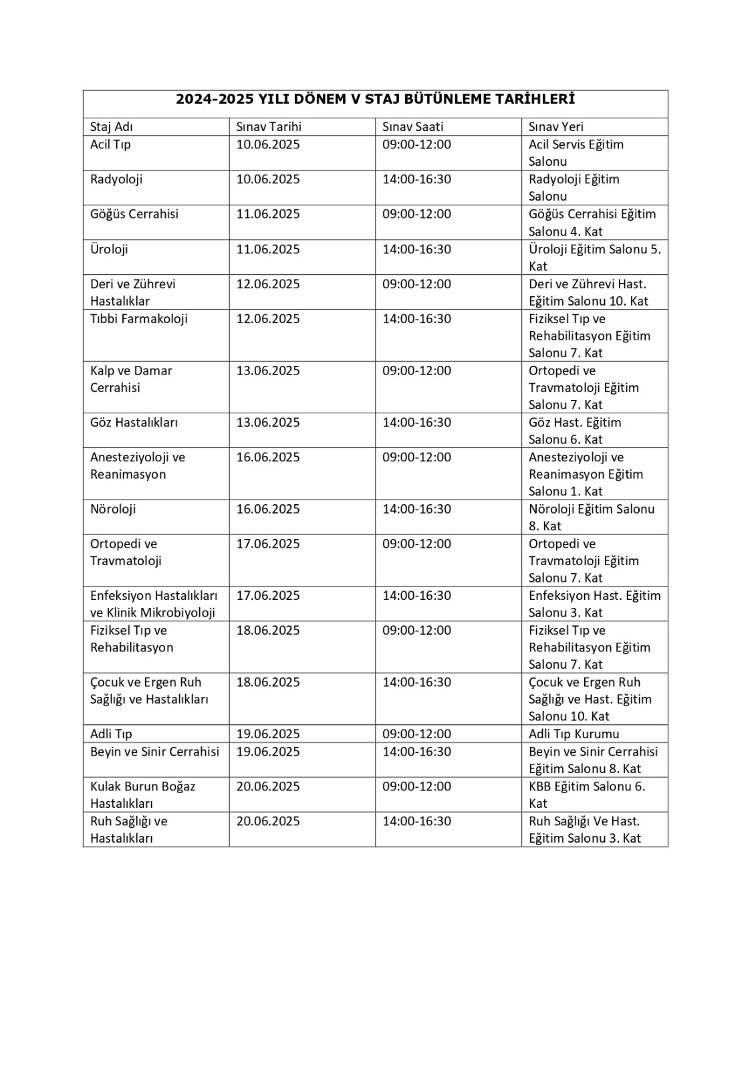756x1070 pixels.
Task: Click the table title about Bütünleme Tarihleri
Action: tap(375, 99)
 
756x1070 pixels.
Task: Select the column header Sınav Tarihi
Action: tap(269, 126)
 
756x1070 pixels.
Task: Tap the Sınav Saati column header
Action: tap(412, 126)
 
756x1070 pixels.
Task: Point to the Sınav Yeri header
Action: tap(555, 126)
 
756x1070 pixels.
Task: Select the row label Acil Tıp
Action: tap(110, 144)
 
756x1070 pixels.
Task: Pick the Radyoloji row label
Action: tap(116, 179)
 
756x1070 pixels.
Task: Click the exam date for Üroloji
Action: tap(268, 249)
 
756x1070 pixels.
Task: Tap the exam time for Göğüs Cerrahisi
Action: tap(416, 214)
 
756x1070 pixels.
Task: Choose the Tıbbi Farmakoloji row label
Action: tap(139, 319)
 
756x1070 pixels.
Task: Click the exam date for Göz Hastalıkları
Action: tap(268, 423)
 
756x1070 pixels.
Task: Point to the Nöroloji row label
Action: tap(113, 509)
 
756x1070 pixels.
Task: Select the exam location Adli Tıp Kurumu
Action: tap(574, 734)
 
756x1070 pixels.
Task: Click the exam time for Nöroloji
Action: tap(416, 509)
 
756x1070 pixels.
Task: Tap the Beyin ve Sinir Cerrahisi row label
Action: tap(154, 752)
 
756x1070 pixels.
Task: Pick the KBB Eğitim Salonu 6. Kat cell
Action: tap(586, 794)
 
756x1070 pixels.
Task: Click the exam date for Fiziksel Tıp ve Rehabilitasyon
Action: tap(268, 631)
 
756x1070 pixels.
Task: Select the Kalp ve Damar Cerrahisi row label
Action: tap(131, 379)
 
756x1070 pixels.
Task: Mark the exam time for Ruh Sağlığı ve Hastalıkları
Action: tap(416, 821)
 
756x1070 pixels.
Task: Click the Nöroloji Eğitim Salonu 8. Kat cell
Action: tap(591, 517)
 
